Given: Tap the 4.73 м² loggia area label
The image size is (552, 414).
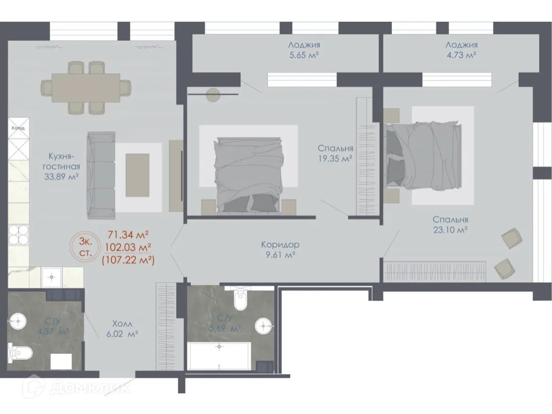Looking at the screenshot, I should pyautogui.click(x=461, y=56).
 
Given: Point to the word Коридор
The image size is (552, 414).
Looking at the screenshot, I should pyautogui.click(x=280, y=245).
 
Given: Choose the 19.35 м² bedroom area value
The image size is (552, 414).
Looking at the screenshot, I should pyautogui.click(x=335, y=159).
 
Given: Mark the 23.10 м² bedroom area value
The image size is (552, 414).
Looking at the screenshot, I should pyautogui.click(x=450, y=230).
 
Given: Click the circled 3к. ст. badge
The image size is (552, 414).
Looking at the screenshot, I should pyautogui.click(x=85, y=247).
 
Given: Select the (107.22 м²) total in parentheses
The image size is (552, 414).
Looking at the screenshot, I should pyautogui.click(x=128, y=259).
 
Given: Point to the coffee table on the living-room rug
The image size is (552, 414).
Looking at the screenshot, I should pyautogui.click(x=137, y=175).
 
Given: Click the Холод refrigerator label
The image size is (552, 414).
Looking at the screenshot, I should pyautogui.click(x=18, y=128).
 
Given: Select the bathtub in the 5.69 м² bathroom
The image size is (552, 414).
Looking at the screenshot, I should pyautogui.click(x=219, y=356).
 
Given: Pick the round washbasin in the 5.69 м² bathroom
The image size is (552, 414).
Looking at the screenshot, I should pyautogui.click(x=263, y=325).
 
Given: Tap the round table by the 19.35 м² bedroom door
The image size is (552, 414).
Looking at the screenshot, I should pyautogui.click(x=213, y=95).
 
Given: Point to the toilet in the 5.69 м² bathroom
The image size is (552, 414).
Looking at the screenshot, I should pyautogui.click(x=240, y=301).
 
